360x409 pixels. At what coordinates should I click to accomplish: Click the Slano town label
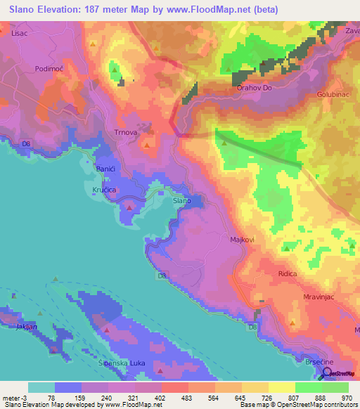(x=181, y=201)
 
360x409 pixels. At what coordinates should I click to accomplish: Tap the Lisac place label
(x=19, y=32)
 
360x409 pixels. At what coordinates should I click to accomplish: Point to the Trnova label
(x=124, y=131)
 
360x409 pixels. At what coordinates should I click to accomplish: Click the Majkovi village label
(x=243, y=240)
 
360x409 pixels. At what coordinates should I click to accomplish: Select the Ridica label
(x=288, y=273)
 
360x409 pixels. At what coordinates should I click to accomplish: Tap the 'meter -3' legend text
(x=14, y=397)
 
